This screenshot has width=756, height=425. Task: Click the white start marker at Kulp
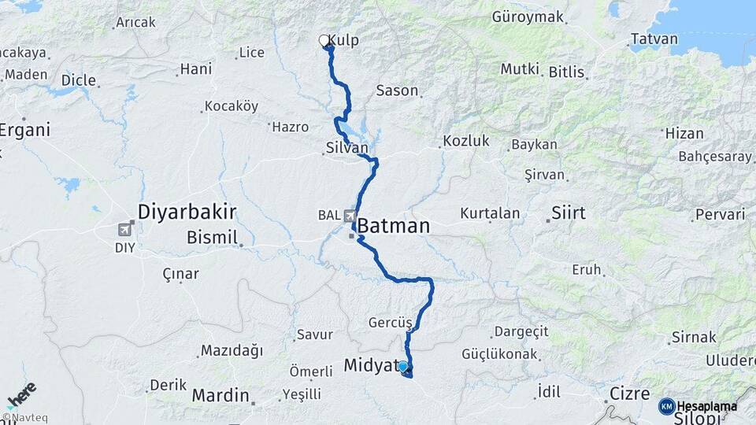[x=324, y=41]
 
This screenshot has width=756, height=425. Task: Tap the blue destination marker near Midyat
[x=403, y=366]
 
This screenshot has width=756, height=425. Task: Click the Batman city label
[x=394, y=227]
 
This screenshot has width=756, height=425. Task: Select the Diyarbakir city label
[x=187, y=212]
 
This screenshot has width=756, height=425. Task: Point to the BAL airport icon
[x=349, y=215]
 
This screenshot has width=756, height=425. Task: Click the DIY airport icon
[x=124, y=230]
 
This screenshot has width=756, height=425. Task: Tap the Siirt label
[x=569, y=213]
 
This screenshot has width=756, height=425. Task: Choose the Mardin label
[x=221, y=394]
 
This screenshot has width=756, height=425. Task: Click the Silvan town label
[x=346, y=147]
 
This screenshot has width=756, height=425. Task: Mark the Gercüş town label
[x=391, y=323]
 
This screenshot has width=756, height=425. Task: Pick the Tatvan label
[x=654, y=39]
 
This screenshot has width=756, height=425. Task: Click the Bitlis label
[x=567, y=72]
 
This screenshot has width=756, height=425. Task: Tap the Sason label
[x=397, y=91]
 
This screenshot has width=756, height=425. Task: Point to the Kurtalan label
[x=490, y=213]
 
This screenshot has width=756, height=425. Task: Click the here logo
[x=21, y=394]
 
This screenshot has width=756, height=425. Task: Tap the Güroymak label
[x=528, y=17]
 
